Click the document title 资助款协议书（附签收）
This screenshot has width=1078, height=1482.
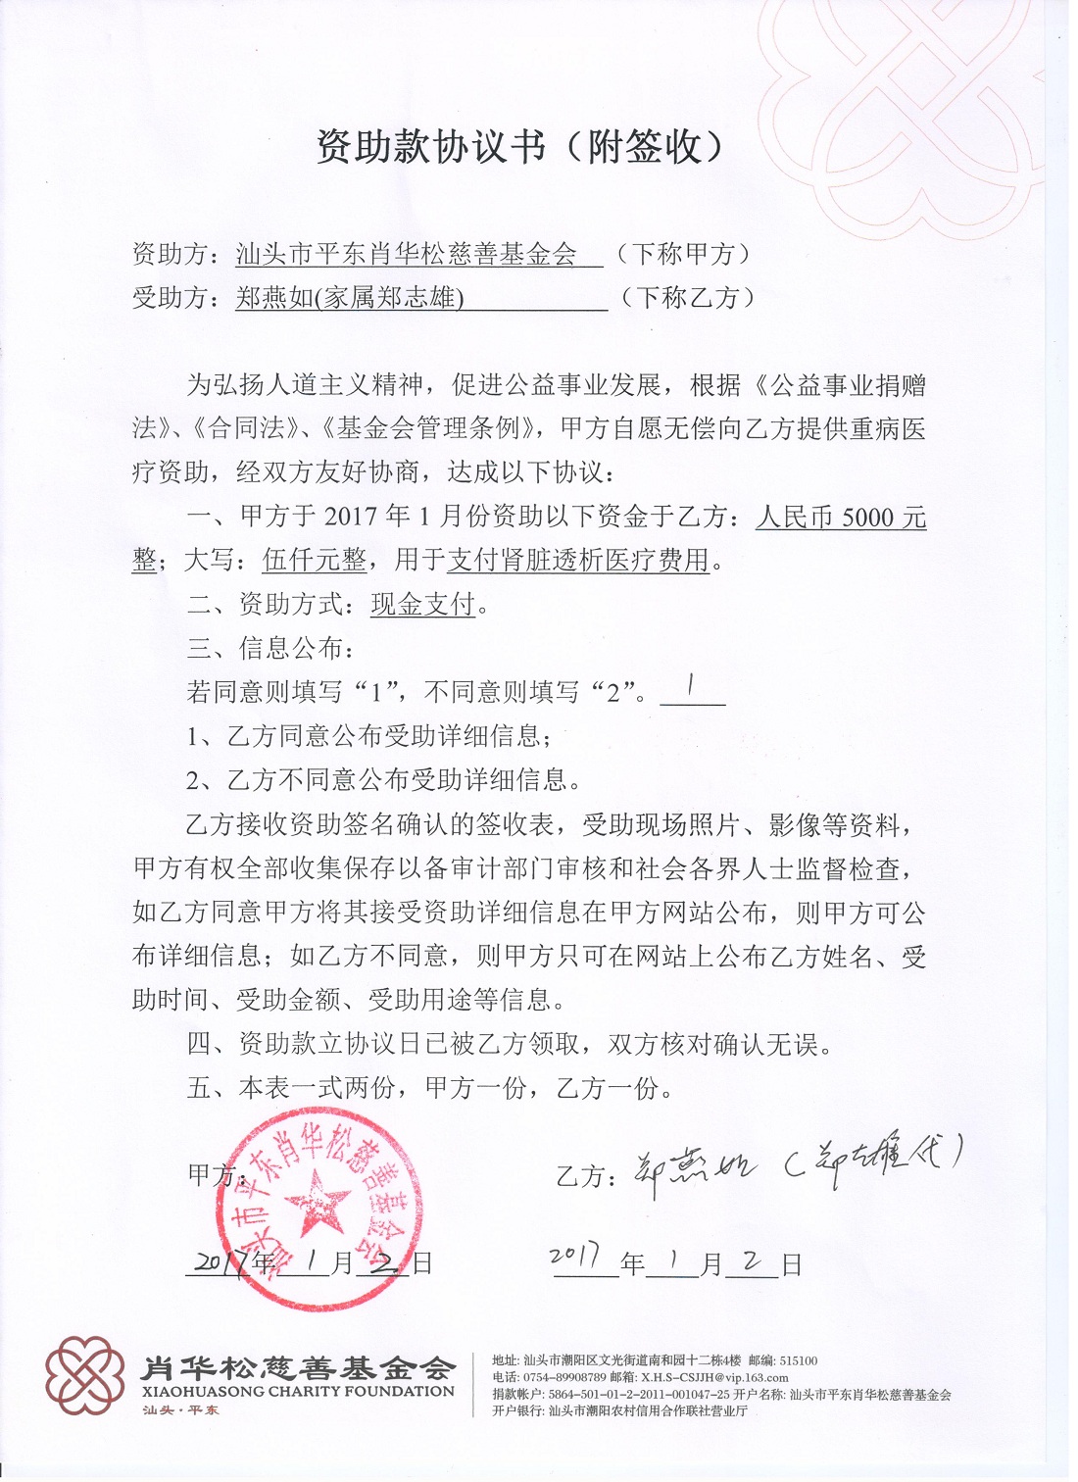520,147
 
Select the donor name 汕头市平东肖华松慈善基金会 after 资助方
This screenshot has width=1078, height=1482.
406,255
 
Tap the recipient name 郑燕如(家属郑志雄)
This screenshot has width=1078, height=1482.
349,297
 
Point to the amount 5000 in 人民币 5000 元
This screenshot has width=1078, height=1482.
867,518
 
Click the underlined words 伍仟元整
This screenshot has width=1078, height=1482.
315,561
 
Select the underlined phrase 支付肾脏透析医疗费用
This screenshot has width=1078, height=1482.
578,561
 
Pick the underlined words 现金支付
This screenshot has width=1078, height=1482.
422,604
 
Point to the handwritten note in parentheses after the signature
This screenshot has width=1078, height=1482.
874,1161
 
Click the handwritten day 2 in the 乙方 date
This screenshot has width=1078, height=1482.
753,1260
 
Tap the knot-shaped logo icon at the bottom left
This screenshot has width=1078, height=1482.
85,1374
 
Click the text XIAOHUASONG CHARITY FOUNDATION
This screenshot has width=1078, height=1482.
299,1392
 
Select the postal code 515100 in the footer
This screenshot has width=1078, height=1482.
799,1360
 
